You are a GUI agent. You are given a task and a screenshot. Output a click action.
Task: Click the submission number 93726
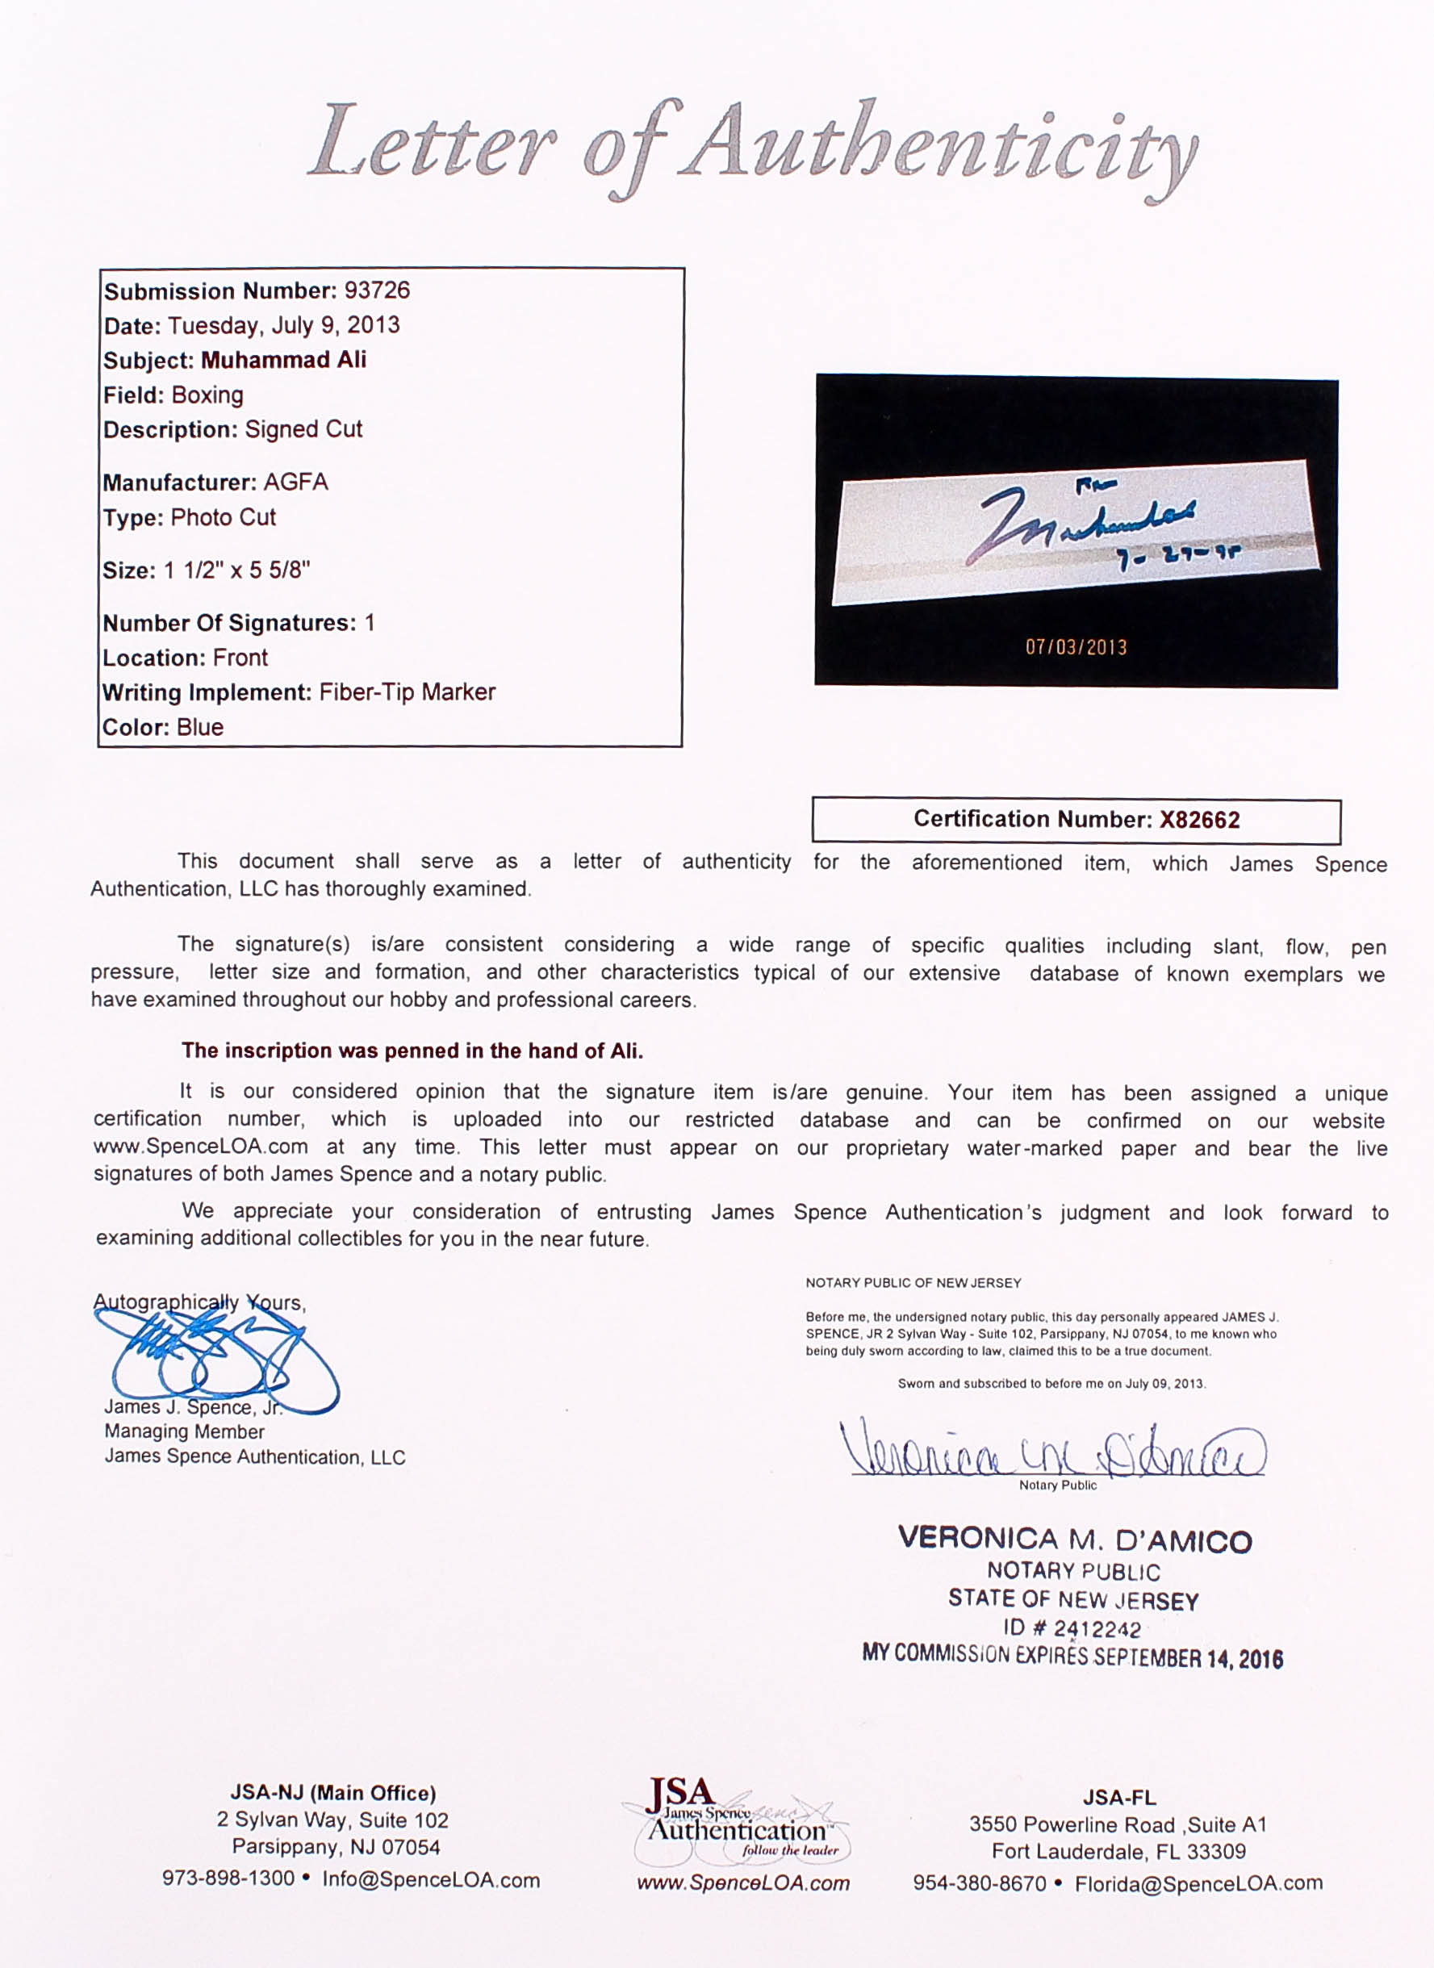377,290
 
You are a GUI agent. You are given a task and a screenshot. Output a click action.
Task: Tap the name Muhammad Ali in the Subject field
283,360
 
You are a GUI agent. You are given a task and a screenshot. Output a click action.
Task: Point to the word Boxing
207,395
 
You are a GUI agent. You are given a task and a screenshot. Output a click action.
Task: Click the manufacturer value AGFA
295,483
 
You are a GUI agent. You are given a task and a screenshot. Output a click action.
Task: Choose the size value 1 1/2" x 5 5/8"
236,570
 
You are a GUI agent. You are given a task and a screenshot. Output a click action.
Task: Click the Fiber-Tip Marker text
407,692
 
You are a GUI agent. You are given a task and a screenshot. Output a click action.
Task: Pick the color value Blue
199,727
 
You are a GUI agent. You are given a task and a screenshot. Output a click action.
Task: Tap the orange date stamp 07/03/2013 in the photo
1076,647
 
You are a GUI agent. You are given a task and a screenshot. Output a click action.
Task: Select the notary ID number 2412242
1097,1629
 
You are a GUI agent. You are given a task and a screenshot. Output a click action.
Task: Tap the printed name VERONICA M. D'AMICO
1075,1540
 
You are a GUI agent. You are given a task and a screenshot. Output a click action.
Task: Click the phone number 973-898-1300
228,1878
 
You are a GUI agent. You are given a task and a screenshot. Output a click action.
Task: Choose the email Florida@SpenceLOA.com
1198,1883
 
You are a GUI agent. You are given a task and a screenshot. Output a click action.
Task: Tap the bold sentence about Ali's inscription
412,1051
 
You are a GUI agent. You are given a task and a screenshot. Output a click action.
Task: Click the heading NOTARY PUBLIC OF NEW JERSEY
913,1282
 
